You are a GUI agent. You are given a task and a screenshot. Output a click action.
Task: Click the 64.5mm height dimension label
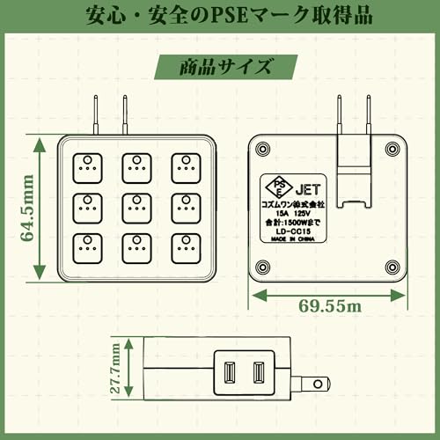(x=27, y=209)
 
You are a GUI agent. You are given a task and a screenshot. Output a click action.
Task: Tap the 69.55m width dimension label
(x=330, y=306)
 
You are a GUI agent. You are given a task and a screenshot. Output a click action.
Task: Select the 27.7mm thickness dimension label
(x=115, y=368)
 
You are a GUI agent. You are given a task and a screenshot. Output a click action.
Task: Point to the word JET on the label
(x=308, y=189)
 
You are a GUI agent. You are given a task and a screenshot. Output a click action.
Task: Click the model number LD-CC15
(x=293, y=231)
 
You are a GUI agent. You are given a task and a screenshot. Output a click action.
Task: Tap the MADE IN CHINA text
(x=292, y=239)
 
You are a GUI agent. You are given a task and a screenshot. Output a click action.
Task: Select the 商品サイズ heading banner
(x=226, y=67)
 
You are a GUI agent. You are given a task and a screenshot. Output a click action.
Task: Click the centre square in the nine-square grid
(x=136, y=209)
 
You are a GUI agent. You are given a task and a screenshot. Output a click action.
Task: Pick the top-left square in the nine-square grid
(x=87, y=168)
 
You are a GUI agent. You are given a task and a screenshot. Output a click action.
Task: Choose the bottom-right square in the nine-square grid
(x=186, y=248)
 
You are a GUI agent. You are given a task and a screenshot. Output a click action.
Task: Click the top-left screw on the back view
(x=262, y=149)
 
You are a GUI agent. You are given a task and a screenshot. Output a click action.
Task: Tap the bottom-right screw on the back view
(x=392, y=267)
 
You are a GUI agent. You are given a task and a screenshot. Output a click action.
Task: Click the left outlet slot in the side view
(x=230, y=373)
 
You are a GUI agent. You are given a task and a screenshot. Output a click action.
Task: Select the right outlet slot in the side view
(x=259, y=373)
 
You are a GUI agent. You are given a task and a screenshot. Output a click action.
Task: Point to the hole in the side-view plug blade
(x=318, y=384)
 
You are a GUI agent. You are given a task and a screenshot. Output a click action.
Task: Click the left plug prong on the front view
(x=96, y=114)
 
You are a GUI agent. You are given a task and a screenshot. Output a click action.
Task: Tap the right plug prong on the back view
(x=369, y=114)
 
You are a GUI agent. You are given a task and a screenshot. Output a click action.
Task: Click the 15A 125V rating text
(x=293, y=214)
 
